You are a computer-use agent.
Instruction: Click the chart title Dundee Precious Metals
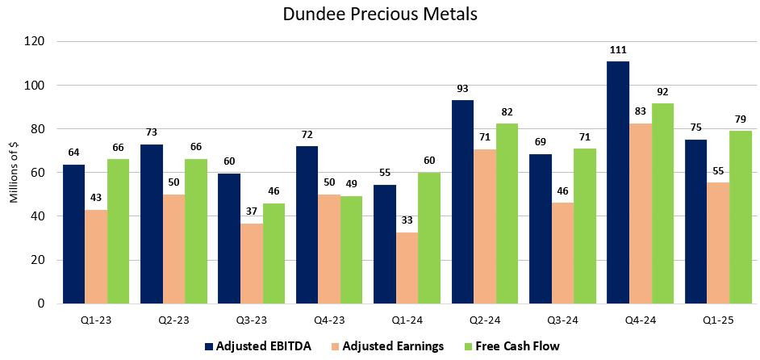(x=380, y=15)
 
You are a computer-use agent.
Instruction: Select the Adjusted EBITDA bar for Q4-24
(x=618, y=182)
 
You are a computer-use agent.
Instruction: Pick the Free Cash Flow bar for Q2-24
(x=507, y=214)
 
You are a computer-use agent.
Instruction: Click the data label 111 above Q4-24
(x=618, y=50)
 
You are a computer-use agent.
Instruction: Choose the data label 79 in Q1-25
(x=740, y=119)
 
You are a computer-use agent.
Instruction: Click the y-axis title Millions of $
(x=13, y=173)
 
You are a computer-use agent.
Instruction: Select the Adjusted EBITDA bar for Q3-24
(x=541, y=229)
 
